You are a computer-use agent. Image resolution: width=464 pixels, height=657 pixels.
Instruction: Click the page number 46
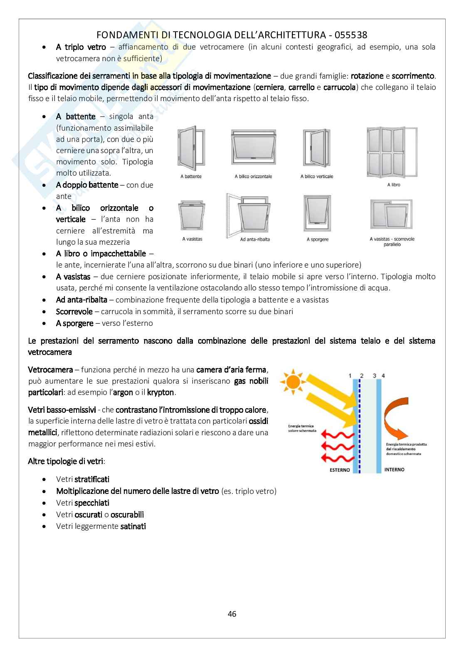point(232,614)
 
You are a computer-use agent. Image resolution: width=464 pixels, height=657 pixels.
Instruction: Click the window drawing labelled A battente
point(191,149)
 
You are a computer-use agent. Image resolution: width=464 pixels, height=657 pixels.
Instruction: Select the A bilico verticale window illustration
point(317,149)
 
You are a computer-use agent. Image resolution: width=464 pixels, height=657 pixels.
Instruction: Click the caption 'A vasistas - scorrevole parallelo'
point(392,242)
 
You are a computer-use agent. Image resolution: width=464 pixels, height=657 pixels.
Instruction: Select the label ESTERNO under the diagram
point(340,470)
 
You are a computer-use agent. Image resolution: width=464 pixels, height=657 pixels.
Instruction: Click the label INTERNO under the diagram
point(394,469)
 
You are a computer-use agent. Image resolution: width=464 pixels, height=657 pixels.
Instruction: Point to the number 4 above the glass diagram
point(383,376)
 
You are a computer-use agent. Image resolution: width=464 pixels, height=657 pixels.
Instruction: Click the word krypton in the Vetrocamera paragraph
point(161,392)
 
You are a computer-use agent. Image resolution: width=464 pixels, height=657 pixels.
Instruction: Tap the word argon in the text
point(123,392)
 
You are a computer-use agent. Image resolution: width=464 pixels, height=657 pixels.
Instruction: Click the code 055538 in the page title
point(348,35)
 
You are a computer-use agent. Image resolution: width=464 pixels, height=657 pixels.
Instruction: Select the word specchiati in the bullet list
point(92,503)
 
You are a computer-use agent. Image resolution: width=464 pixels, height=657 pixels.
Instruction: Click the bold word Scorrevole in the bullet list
point(74,311)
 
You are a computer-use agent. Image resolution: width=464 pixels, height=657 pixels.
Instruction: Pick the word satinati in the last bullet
point(133,526)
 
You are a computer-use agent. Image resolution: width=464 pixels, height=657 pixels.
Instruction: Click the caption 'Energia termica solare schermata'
point(302,428)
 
